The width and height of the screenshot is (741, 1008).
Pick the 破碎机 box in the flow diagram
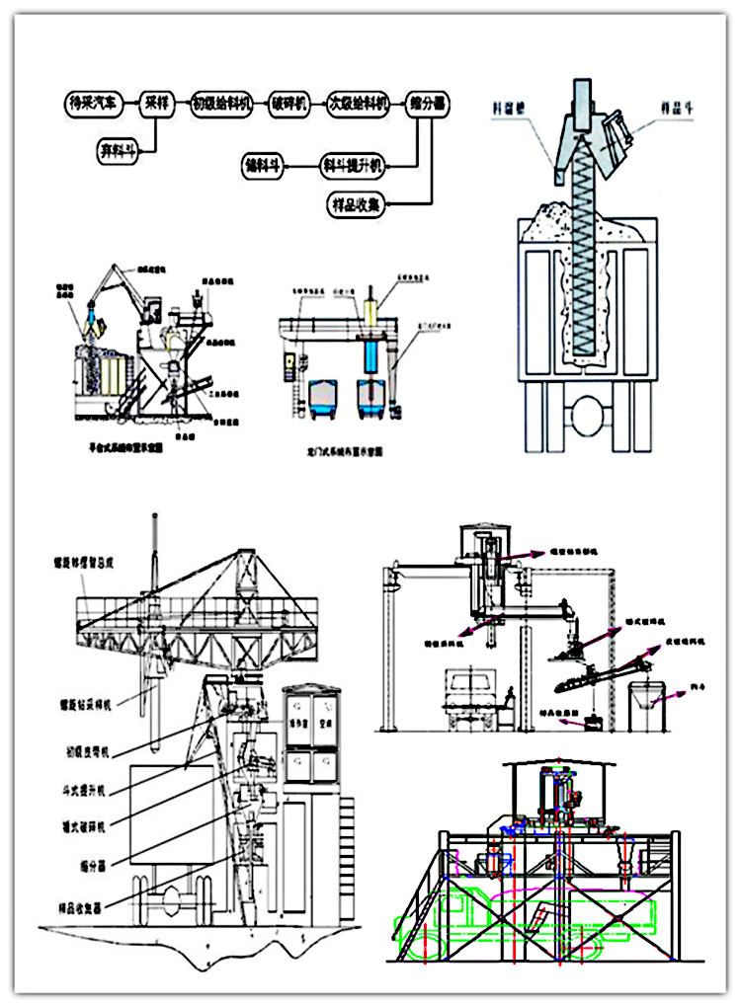(x=289, y=102)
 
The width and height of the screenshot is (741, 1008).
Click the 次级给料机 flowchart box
(x=359, y=102)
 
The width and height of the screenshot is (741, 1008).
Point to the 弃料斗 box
(x=119, y=150)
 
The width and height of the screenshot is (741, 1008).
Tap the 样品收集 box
(x=358, y=204)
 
